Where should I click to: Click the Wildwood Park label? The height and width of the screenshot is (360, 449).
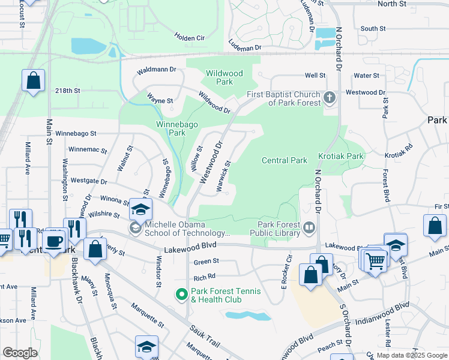(x=224, y=77)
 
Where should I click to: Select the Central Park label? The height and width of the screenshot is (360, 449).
(x=284, y=160)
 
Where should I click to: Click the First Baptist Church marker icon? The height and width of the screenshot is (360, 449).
(x=329, y=97)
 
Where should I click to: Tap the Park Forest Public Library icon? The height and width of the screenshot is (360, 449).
(x=309, y=227)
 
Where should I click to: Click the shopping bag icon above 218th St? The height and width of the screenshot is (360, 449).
(x=33, y=80)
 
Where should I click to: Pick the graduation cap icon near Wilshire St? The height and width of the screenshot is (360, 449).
(x=141, y=209)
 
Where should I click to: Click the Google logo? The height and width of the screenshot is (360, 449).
(x=20, y=352)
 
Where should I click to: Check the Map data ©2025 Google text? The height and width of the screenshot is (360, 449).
(x=411, y=355)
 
